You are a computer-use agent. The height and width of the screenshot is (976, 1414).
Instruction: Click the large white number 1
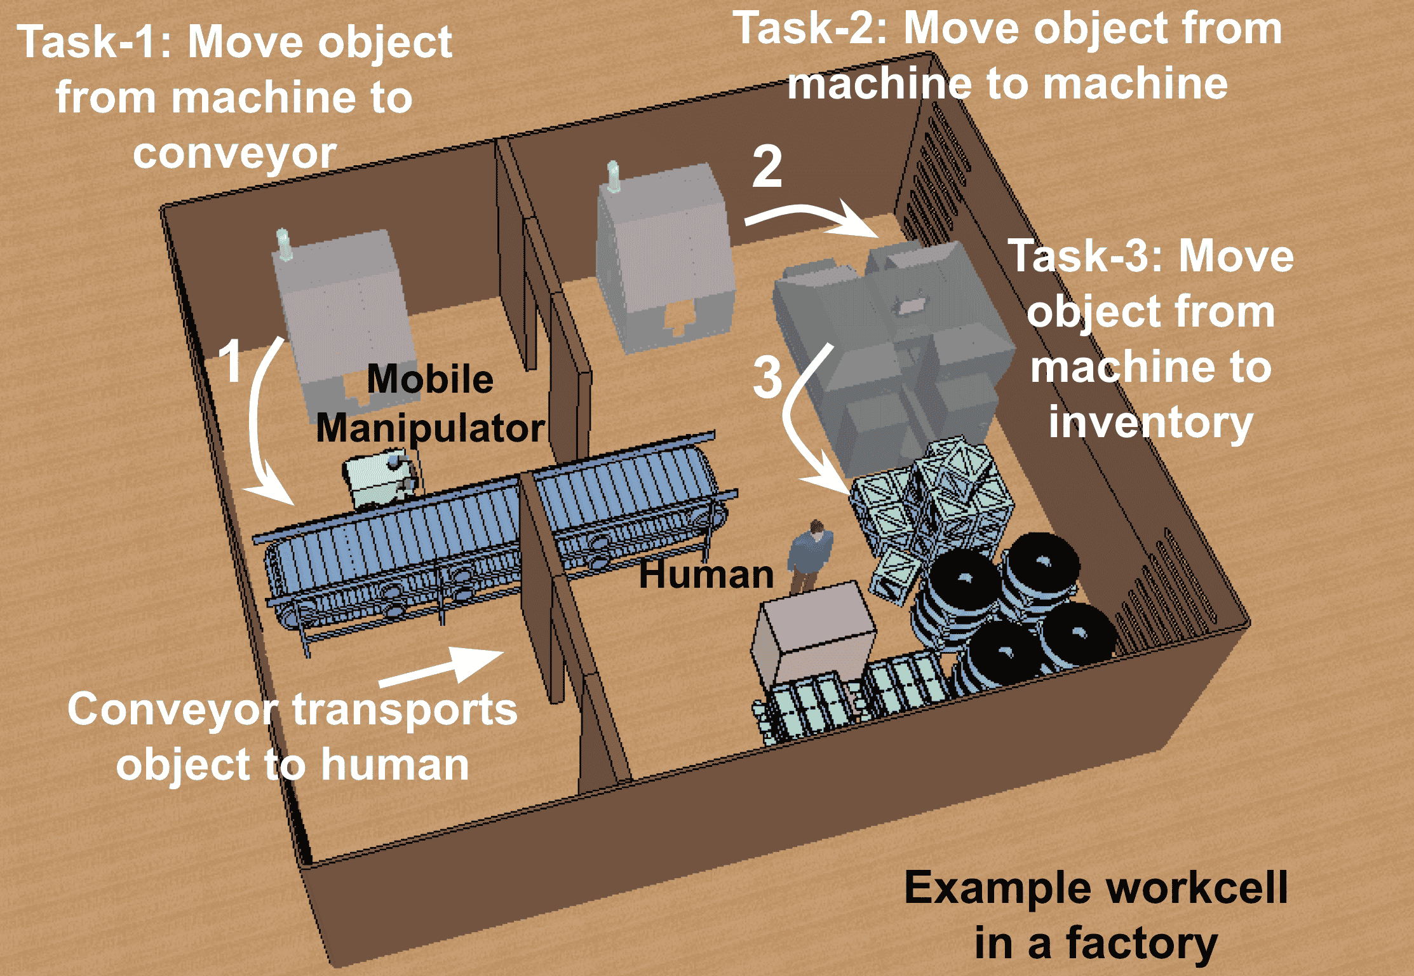[231, 361]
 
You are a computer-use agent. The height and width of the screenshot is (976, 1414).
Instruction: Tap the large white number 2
[767, 166]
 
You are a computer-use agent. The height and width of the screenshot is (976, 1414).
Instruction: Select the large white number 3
[767, 377]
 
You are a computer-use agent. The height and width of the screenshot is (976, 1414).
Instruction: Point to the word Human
[706, 574]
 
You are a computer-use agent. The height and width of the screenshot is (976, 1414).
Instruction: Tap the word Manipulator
[430, 428]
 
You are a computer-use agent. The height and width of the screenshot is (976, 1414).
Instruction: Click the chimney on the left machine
[283, 245]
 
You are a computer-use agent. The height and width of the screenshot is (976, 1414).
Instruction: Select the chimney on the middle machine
[613, 176]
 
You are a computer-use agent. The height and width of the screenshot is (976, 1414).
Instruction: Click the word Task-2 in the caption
[810, 29]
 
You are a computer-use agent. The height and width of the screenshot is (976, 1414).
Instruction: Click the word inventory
[1150, 423]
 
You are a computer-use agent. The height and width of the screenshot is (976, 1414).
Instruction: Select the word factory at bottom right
[1141, 942]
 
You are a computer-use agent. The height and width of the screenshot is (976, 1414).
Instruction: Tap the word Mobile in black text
[430, 379]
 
